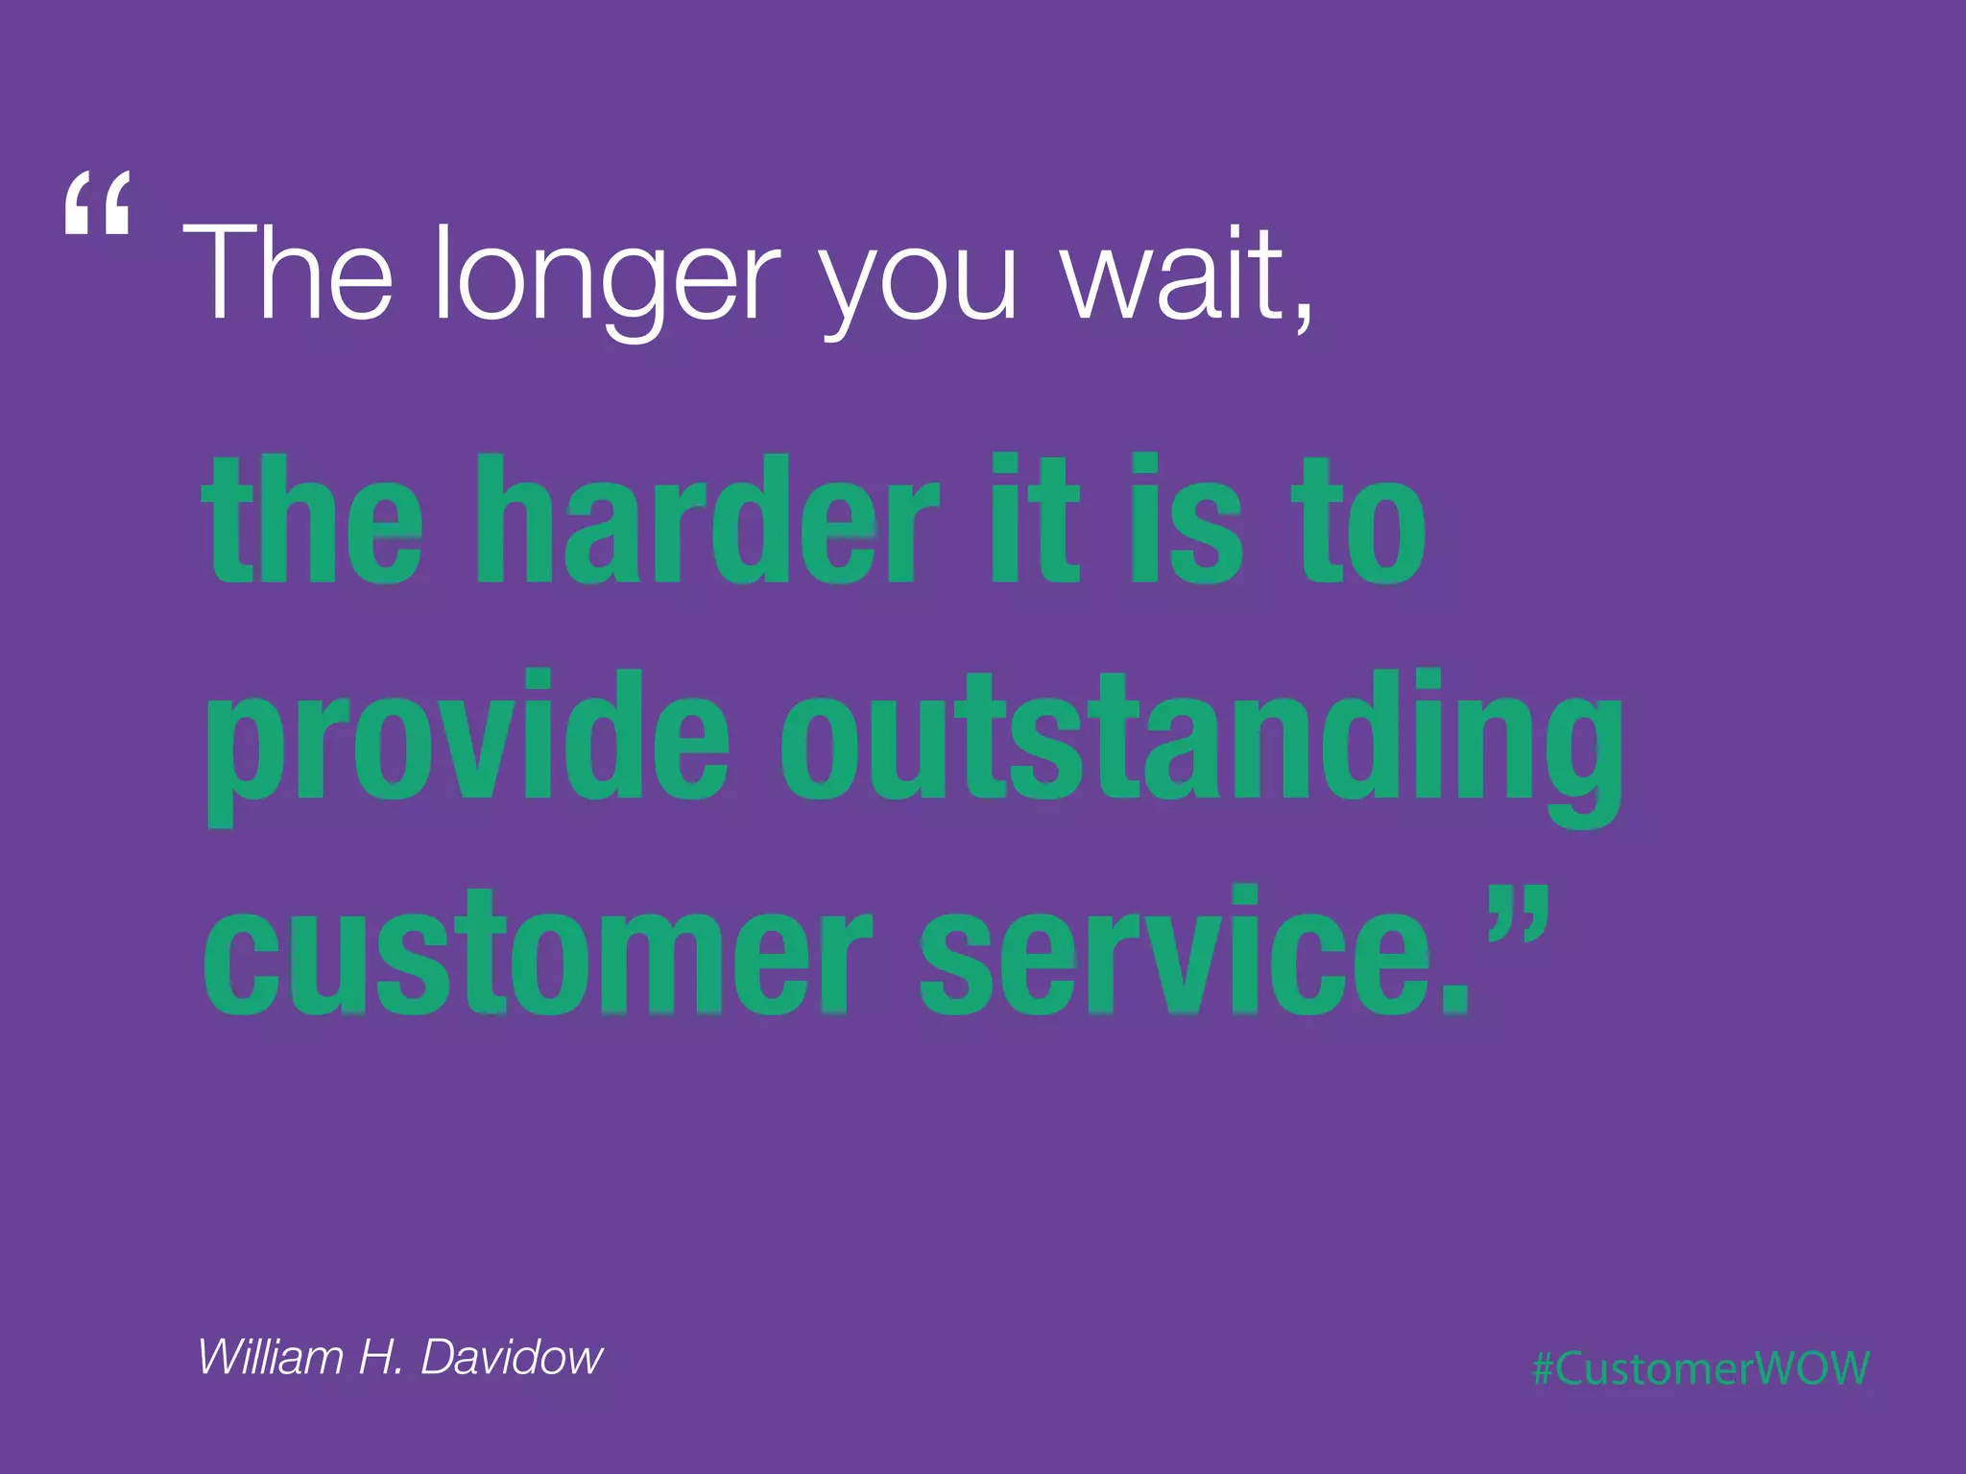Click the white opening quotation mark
(x=97, y=203)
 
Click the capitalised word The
(x=288, y=273)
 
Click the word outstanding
(x=1200, y=744)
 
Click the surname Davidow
(x=512, y=1357)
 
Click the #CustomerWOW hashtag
(x=1700, y=1367)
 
